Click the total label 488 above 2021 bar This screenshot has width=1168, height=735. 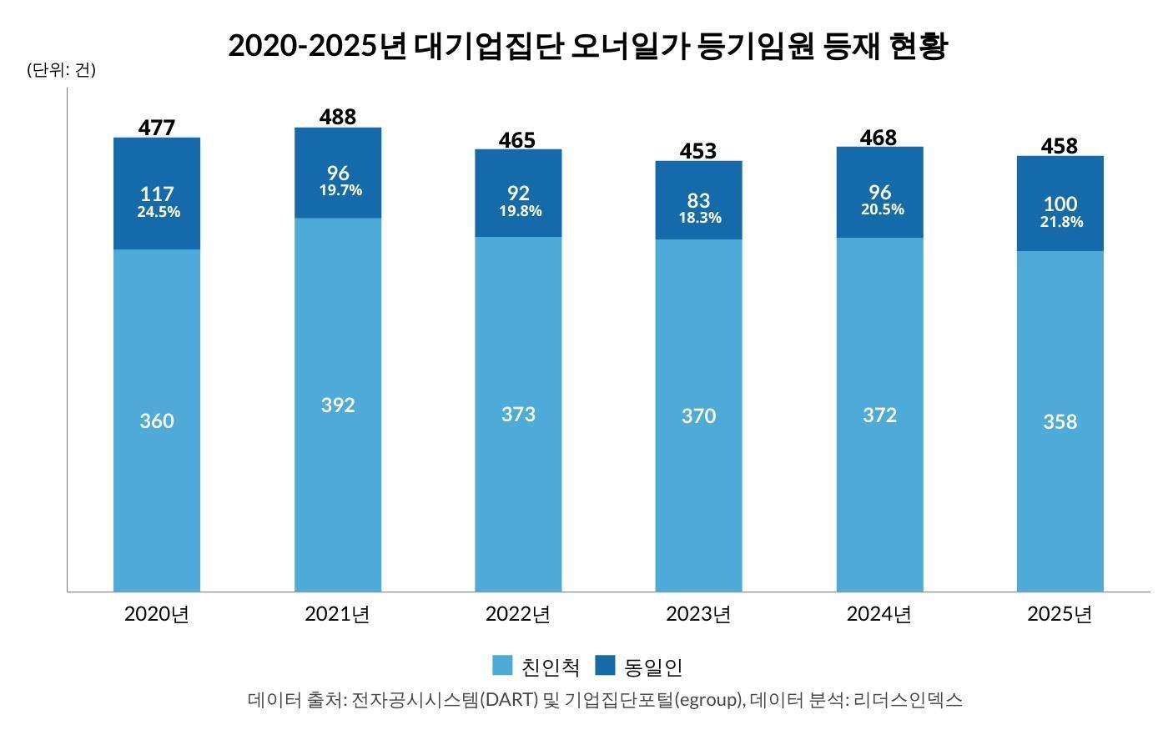tap(338, 117)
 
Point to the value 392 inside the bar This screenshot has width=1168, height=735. tap(338, 405)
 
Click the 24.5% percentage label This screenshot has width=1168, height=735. tap(159, 212)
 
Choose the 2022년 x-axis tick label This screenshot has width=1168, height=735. tap(518, 615)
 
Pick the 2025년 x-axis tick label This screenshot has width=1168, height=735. tap(1060, 615)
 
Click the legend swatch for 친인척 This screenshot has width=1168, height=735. tap(502, 666)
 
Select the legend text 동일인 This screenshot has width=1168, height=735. tap(653, 667)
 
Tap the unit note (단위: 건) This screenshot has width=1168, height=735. tap(62, 70)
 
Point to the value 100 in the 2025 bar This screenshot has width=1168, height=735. tap(1060, 204)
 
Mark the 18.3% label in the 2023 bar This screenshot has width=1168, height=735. tap(699, 218)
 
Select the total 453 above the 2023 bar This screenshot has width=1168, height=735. tap(698, 151)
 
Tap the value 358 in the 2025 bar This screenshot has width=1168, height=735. tap(1060, 422)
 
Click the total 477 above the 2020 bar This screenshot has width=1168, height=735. tap(157, 128)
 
